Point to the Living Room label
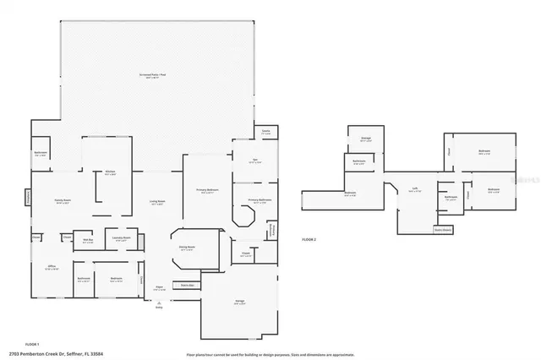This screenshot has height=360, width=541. pyautogui.click(x=156, y=202)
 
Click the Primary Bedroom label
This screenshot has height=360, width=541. pyautogui.click(x=207, y=191)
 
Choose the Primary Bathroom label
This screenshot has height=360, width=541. pyautogui.click(x=259, y=201)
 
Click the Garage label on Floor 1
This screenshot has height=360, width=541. pyautogui.click(x=239, y=302)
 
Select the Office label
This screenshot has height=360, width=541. pyautogui.click(x=51, y=268)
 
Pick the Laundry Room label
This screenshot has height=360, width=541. pyautogui.click(x=121, y=239)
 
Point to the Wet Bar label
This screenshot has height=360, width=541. pyautogui.click(x=87, y=239)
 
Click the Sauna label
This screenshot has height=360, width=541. pyautogui.click(x=265, y=132)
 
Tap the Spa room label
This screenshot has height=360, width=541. pyautogui.click(x=254, y=161)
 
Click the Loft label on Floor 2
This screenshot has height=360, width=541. pyautogui.click(x=414, y=189)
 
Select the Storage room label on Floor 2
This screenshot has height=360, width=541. pyautogui.click(x=366, y=139)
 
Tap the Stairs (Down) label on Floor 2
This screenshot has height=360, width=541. pyautogui.click(x=443, y=229)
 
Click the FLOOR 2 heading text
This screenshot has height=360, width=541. pyautogui.click(x=309, y=240)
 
